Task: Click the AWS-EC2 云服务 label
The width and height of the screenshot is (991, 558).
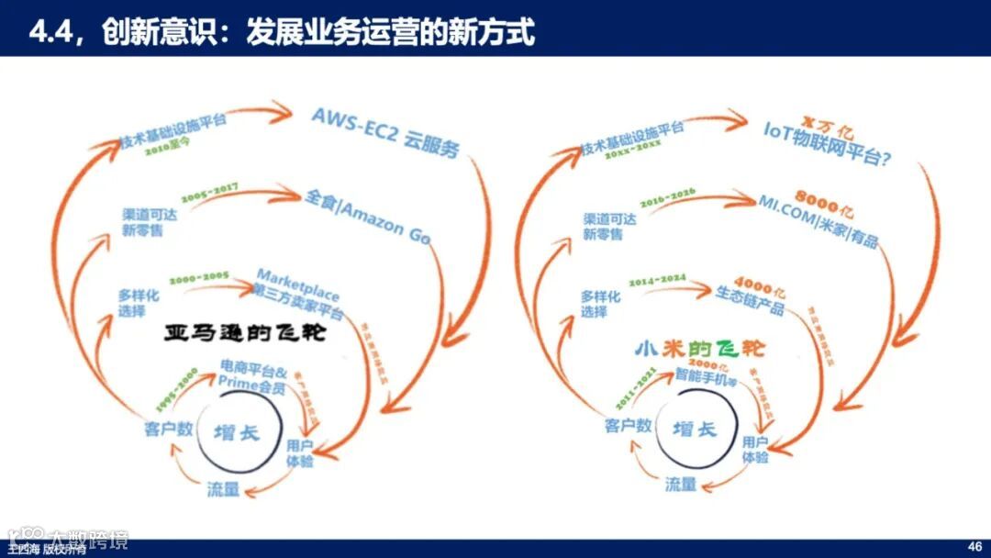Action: pyautogui.click(x=384, y=131)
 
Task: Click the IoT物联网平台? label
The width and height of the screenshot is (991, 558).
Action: pyautogui.click(x=829, y=143)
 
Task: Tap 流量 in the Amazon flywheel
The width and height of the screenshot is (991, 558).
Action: pyautogui.click(x=223, y=489)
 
